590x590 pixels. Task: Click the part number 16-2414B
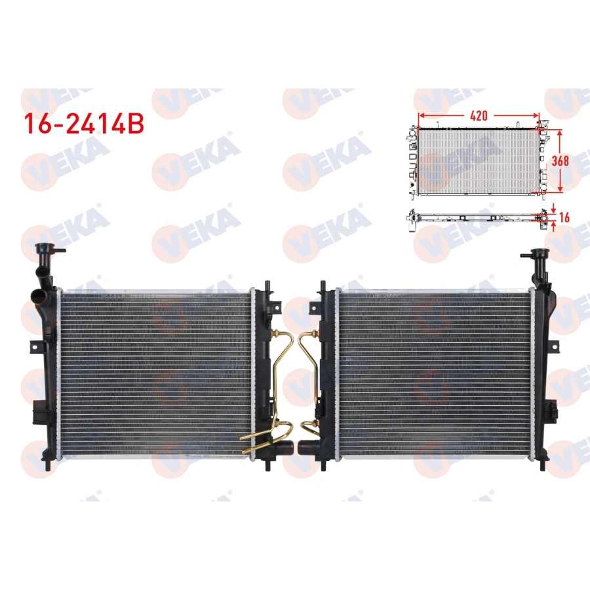[83, 124]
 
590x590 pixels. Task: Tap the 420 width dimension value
[479, 115]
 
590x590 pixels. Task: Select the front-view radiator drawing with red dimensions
[477, 161]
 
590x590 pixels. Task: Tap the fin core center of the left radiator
[155, 372]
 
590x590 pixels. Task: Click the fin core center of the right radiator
[436, 372]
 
